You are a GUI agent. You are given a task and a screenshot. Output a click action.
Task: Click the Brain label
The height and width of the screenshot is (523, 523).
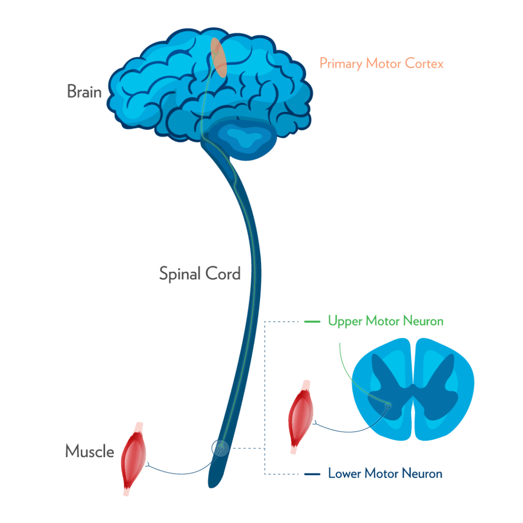click(x=84, y=92)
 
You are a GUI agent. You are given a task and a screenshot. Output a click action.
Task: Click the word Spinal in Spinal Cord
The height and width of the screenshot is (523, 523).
click(x=180, y=274)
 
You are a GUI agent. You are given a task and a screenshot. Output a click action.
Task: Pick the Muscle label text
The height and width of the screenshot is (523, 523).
click(x=89, y=451)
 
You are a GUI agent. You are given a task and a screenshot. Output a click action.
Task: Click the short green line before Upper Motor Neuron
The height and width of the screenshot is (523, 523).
click(x=312, y=322)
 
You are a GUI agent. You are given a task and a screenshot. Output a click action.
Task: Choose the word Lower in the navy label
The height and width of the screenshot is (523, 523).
click(x=343, y=473)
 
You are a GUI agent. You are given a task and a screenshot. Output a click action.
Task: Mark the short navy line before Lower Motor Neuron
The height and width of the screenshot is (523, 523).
click(x=312, y=474)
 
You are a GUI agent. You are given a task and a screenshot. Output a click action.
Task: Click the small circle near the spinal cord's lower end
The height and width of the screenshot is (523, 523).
click(x=221, y=448)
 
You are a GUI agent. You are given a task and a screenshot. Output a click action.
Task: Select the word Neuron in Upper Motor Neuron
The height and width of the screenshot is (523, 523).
click(x=422, y=322)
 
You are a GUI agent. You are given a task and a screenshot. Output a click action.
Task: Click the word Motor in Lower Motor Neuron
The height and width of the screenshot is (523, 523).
click(x=379, y=473)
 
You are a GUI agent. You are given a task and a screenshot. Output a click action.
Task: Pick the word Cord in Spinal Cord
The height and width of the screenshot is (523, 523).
click(x=223, y=274)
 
